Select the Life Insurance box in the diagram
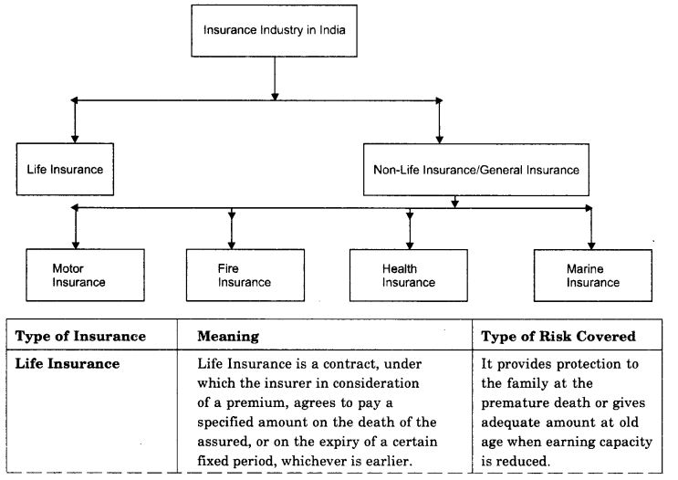point(64,169)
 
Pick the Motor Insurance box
point(78,276)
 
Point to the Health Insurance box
point(409,276)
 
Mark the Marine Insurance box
point(592,276)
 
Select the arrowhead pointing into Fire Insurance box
point(232,243)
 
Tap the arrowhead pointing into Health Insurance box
point(410,243)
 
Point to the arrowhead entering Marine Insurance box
point(591,243)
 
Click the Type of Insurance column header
point(80,337)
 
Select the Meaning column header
point(228,337)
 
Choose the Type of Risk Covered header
point(558,337)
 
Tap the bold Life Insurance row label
point(67,363)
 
